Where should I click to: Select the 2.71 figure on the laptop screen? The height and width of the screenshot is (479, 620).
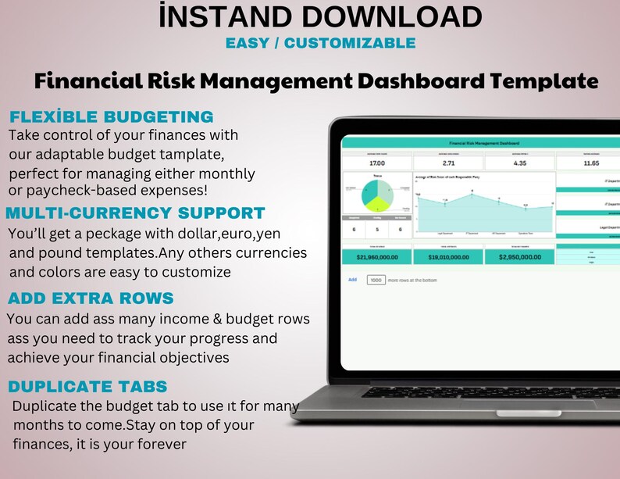(448, 163)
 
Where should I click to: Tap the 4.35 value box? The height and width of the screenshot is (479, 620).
(519, 163)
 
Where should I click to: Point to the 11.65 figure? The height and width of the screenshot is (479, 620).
(590, 163)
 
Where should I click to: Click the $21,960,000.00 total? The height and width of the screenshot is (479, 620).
(377, 256)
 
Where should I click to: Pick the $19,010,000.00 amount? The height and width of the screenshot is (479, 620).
(448, 256)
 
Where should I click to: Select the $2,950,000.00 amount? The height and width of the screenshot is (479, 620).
(519, 256)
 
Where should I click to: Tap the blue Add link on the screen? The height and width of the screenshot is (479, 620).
(352, 279)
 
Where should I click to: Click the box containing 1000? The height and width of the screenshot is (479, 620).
(376, 279)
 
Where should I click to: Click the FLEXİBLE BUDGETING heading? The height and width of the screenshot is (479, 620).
(111, 117)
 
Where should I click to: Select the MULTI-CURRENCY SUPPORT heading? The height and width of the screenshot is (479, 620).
(135, 213)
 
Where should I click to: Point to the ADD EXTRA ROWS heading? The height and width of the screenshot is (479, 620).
(90, 298)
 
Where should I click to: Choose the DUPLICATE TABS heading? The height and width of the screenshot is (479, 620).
(87, 386)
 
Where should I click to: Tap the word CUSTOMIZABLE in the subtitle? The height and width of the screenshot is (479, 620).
(351, 43)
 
